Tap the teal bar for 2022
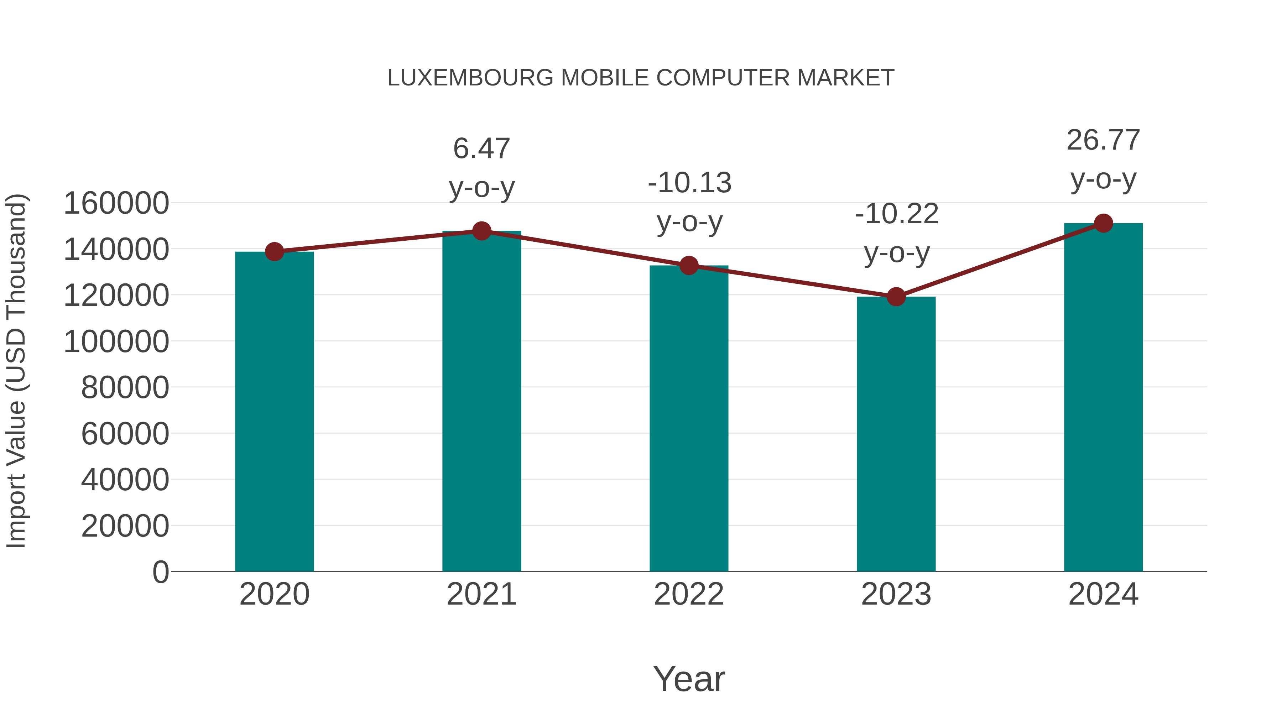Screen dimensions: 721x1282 (x=689, y=418)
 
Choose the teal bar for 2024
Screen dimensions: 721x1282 (x=1103, y=397)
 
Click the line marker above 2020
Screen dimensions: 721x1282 (x=274, y=252)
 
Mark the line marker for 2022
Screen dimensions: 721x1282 (x=689, y=266)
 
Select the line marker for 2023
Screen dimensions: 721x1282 (x=896, y=297)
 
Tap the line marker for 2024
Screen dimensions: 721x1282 (x=1103, y=223)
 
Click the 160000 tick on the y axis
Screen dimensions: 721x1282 (x=116, y=203)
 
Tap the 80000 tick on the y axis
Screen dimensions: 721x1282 (x=125, y=387)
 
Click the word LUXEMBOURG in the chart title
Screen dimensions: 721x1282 (x=470, y=78)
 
